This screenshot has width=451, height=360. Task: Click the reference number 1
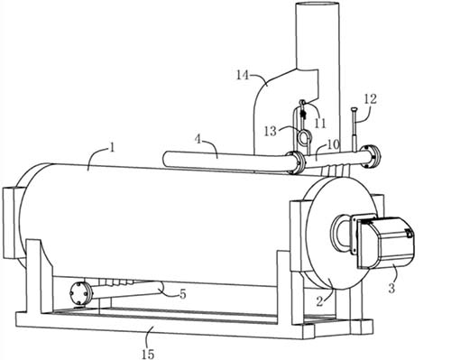coord(112,149)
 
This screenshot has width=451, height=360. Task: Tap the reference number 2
coord(319,301)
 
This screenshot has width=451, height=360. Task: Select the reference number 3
coord(391,288)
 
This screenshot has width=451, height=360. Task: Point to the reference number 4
coord(198,140)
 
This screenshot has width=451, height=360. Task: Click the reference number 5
coord(183,294)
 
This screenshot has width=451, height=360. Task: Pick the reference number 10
coord(333,144)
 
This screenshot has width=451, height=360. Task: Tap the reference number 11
coord(319,123)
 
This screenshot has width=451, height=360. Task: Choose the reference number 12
coord(371,99)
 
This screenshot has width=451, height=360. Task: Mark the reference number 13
coord(270,132)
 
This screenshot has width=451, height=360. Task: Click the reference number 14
coord(243,75)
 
